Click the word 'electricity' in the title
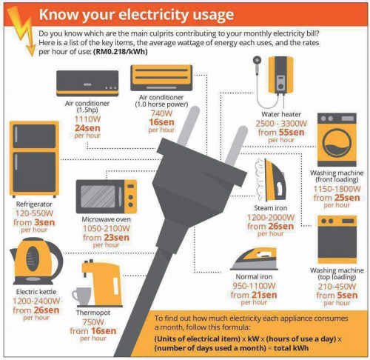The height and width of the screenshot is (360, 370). (153, 15)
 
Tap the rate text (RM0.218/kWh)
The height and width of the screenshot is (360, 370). (121, 52)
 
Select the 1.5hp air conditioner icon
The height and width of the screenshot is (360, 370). (87, 83)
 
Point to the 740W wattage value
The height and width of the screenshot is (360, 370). (161, 113)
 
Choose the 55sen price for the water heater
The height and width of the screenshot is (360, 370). (292, 133)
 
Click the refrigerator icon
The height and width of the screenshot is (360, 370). (34, 159)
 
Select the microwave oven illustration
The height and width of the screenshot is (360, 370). (107, 196)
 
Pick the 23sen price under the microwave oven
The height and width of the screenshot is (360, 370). (116, 238)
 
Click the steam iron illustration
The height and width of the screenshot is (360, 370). (271, 180)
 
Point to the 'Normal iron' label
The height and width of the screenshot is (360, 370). (254, 276)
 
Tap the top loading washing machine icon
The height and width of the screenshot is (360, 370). (337, 239)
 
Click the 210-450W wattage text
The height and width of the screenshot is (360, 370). (337, 287)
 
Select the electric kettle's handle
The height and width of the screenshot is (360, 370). (56, 259)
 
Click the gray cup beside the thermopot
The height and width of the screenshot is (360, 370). (81, 296)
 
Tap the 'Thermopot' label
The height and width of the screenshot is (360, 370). (93, 313)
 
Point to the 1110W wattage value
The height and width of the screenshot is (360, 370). (87, 119)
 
